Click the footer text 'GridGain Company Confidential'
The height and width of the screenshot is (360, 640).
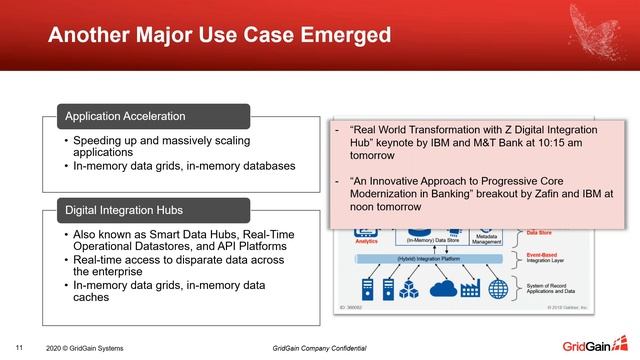pyautogui.click(x=319, y=347)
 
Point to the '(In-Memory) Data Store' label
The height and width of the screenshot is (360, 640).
pyautogui.click(x=432, y=240)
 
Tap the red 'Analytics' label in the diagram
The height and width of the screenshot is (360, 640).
pyautogui.click(x=365, y=240)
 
